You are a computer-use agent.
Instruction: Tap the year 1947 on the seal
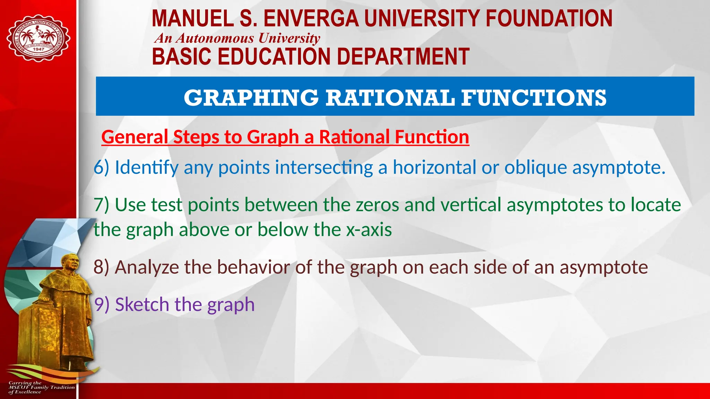tap(38, 49)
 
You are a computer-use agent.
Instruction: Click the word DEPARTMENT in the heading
tap(403, 56)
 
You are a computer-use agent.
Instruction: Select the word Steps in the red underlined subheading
tap(196, 137)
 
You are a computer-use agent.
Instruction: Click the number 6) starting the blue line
tap(102, 167)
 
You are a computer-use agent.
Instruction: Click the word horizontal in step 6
tap(434, 167)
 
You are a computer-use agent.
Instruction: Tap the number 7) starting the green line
tap(102, 205)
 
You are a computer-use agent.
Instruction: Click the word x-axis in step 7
tap(369, 230)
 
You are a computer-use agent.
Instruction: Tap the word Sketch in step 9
tap(142, 304)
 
